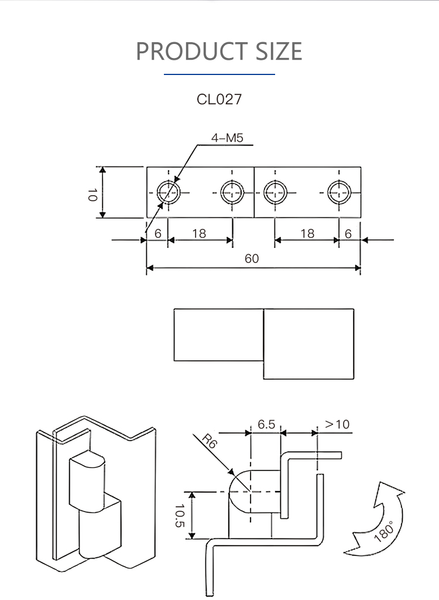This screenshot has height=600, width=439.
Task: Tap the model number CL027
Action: tap(219, 99)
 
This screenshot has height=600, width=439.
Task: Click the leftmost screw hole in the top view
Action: tap(168, 191)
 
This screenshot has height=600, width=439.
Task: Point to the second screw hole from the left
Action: tap(232, 191)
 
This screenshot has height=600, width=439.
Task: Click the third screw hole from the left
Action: tap(275, 191)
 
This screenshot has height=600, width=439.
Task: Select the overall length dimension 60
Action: tap(252, 258)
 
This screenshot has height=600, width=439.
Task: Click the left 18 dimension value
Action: tap(199, 233)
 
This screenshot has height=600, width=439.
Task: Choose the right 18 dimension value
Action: tap(307, 233)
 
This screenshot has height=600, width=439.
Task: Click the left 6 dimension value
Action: tap(157, 233)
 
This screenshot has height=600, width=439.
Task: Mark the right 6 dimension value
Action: tap(348, 233)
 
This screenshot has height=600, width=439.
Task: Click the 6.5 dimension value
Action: tap(266, 424)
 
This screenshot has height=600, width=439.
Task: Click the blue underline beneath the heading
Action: tap(219, 74)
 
